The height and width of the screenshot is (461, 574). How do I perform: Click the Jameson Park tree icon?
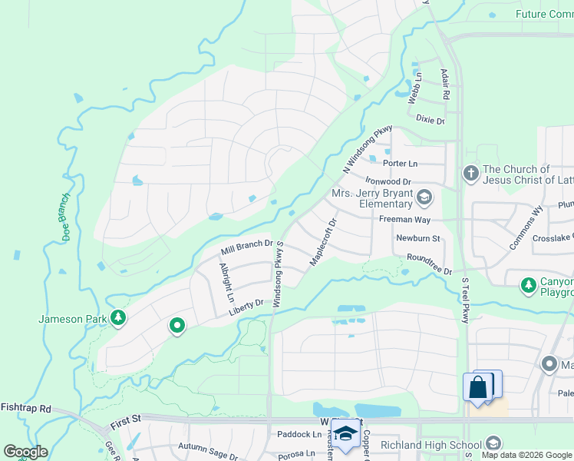tap(117, 318)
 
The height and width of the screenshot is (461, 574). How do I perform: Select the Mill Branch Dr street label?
tap(247, 247)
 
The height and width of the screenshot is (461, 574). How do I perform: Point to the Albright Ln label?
tap(226, 283)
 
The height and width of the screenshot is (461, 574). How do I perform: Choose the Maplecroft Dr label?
tap(323, 244)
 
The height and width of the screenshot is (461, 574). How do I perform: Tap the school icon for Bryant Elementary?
tap(424, 198)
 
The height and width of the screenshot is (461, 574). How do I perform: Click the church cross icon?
tap(471, 174)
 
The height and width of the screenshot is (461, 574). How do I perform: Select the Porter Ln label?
tap(401, 164)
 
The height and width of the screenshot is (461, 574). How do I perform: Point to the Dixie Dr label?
tap(430, 120)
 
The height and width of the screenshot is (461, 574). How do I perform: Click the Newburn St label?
tap(417, 239)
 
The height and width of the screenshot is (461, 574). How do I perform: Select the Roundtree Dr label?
tap(430, 264)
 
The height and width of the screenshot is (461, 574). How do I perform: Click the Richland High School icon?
tap(493, 443)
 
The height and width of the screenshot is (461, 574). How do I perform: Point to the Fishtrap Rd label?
tap(25, 408)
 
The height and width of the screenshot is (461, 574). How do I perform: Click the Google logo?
tap(25, 451)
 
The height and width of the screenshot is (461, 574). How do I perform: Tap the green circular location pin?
tap(177, 327)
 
